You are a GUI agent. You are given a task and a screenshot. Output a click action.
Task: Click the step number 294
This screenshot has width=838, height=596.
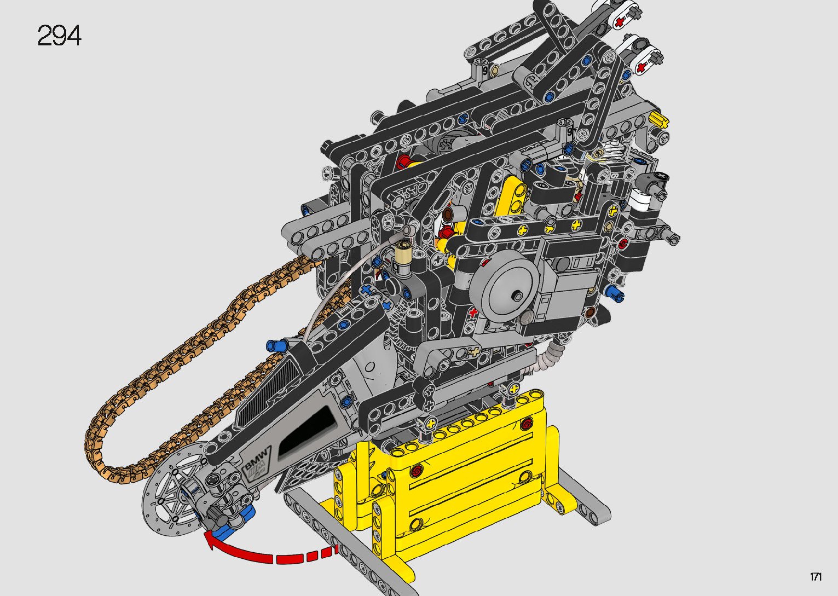point(59,36)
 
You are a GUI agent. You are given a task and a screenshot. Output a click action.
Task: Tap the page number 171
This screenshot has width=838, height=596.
point(816,576)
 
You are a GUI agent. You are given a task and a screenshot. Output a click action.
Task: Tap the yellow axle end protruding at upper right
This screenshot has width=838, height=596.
point(658,119)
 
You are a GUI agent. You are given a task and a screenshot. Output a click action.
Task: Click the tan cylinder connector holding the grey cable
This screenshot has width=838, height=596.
point(404,251)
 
